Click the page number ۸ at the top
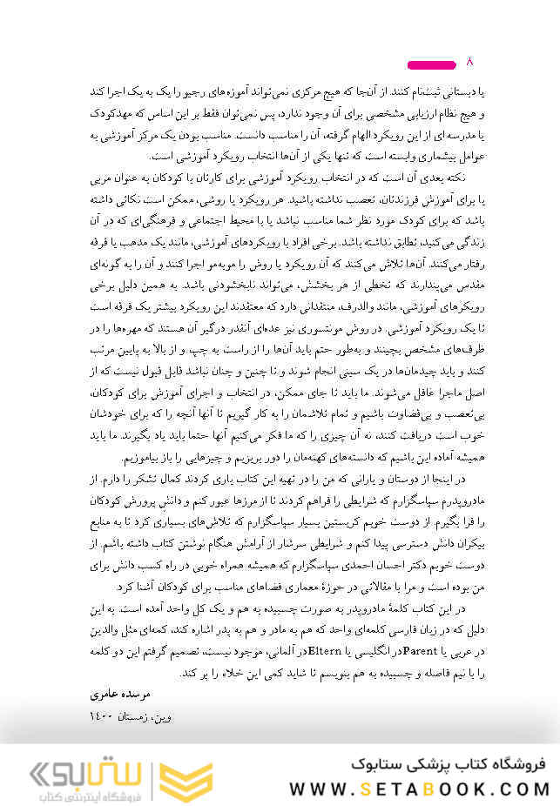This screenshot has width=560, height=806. (x=471, y=62)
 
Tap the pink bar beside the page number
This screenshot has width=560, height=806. (x=433, y=64)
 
